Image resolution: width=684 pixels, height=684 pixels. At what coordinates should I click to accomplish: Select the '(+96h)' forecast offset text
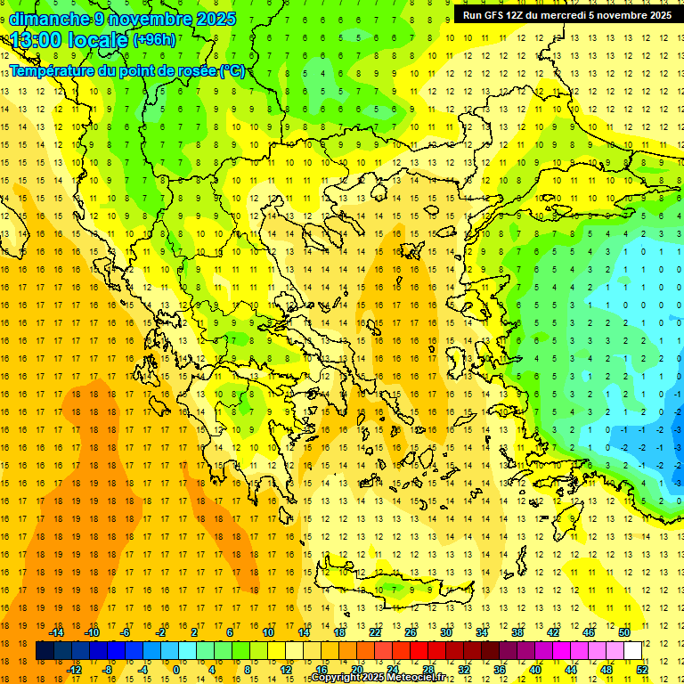point(154,40)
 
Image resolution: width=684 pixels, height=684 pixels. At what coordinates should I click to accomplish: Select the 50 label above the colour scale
point(623,632)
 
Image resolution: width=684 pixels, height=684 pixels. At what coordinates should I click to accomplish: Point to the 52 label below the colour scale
point(641,669)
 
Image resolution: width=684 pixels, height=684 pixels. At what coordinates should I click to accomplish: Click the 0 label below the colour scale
point(176,669)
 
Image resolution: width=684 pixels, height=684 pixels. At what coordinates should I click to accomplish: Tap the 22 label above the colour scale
point(375,632)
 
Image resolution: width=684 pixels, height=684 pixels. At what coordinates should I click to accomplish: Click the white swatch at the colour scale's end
point(632,651)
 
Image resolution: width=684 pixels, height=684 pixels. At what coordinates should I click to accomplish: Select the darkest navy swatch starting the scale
point(45,651)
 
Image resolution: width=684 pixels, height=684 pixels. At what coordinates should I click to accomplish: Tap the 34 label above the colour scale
point(482,632)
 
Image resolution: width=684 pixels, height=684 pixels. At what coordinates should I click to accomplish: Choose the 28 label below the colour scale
point(428,669)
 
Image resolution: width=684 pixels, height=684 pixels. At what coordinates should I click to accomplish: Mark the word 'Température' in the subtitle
point(54,71)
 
